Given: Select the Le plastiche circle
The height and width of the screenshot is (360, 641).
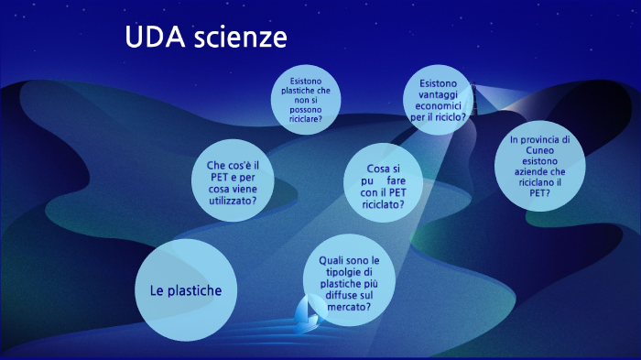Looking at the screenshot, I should coord(186,290).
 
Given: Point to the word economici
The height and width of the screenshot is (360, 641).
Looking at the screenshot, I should coord(438,106).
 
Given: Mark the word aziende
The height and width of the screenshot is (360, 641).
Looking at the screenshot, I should coord(542,171).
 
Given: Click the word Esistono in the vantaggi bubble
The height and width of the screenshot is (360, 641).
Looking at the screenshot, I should coord(437,84).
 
